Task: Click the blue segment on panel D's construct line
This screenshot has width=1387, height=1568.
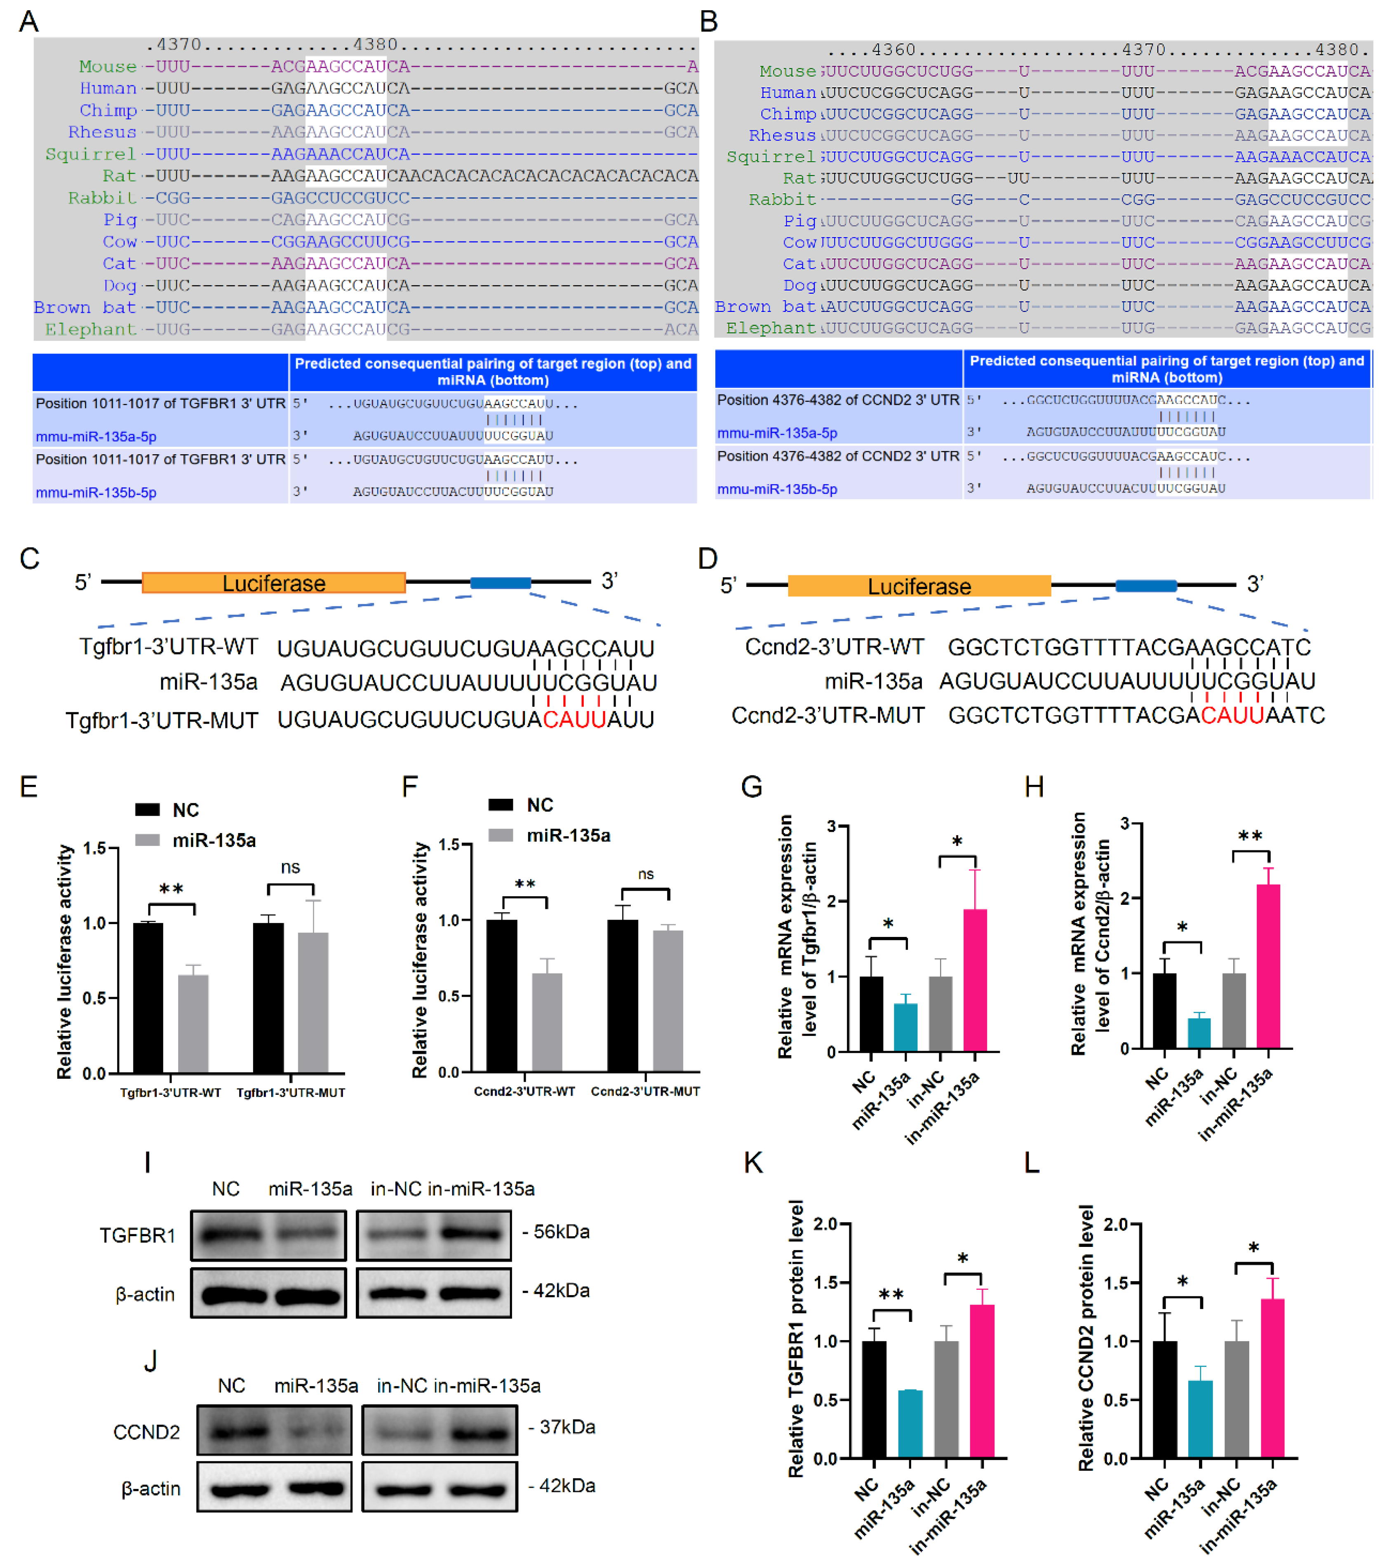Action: click(x=1145, y=586)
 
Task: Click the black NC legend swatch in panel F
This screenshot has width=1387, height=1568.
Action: click(x=500, y=805)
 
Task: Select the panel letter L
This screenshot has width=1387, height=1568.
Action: click(x=1032, y=1163)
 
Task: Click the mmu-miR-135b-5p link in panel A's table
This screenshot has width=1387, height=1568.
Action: click(x=96, y=493)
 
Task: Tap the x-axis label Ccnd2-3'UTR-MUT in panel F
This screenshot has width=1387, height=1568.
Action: click(x=644, y=1091)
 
